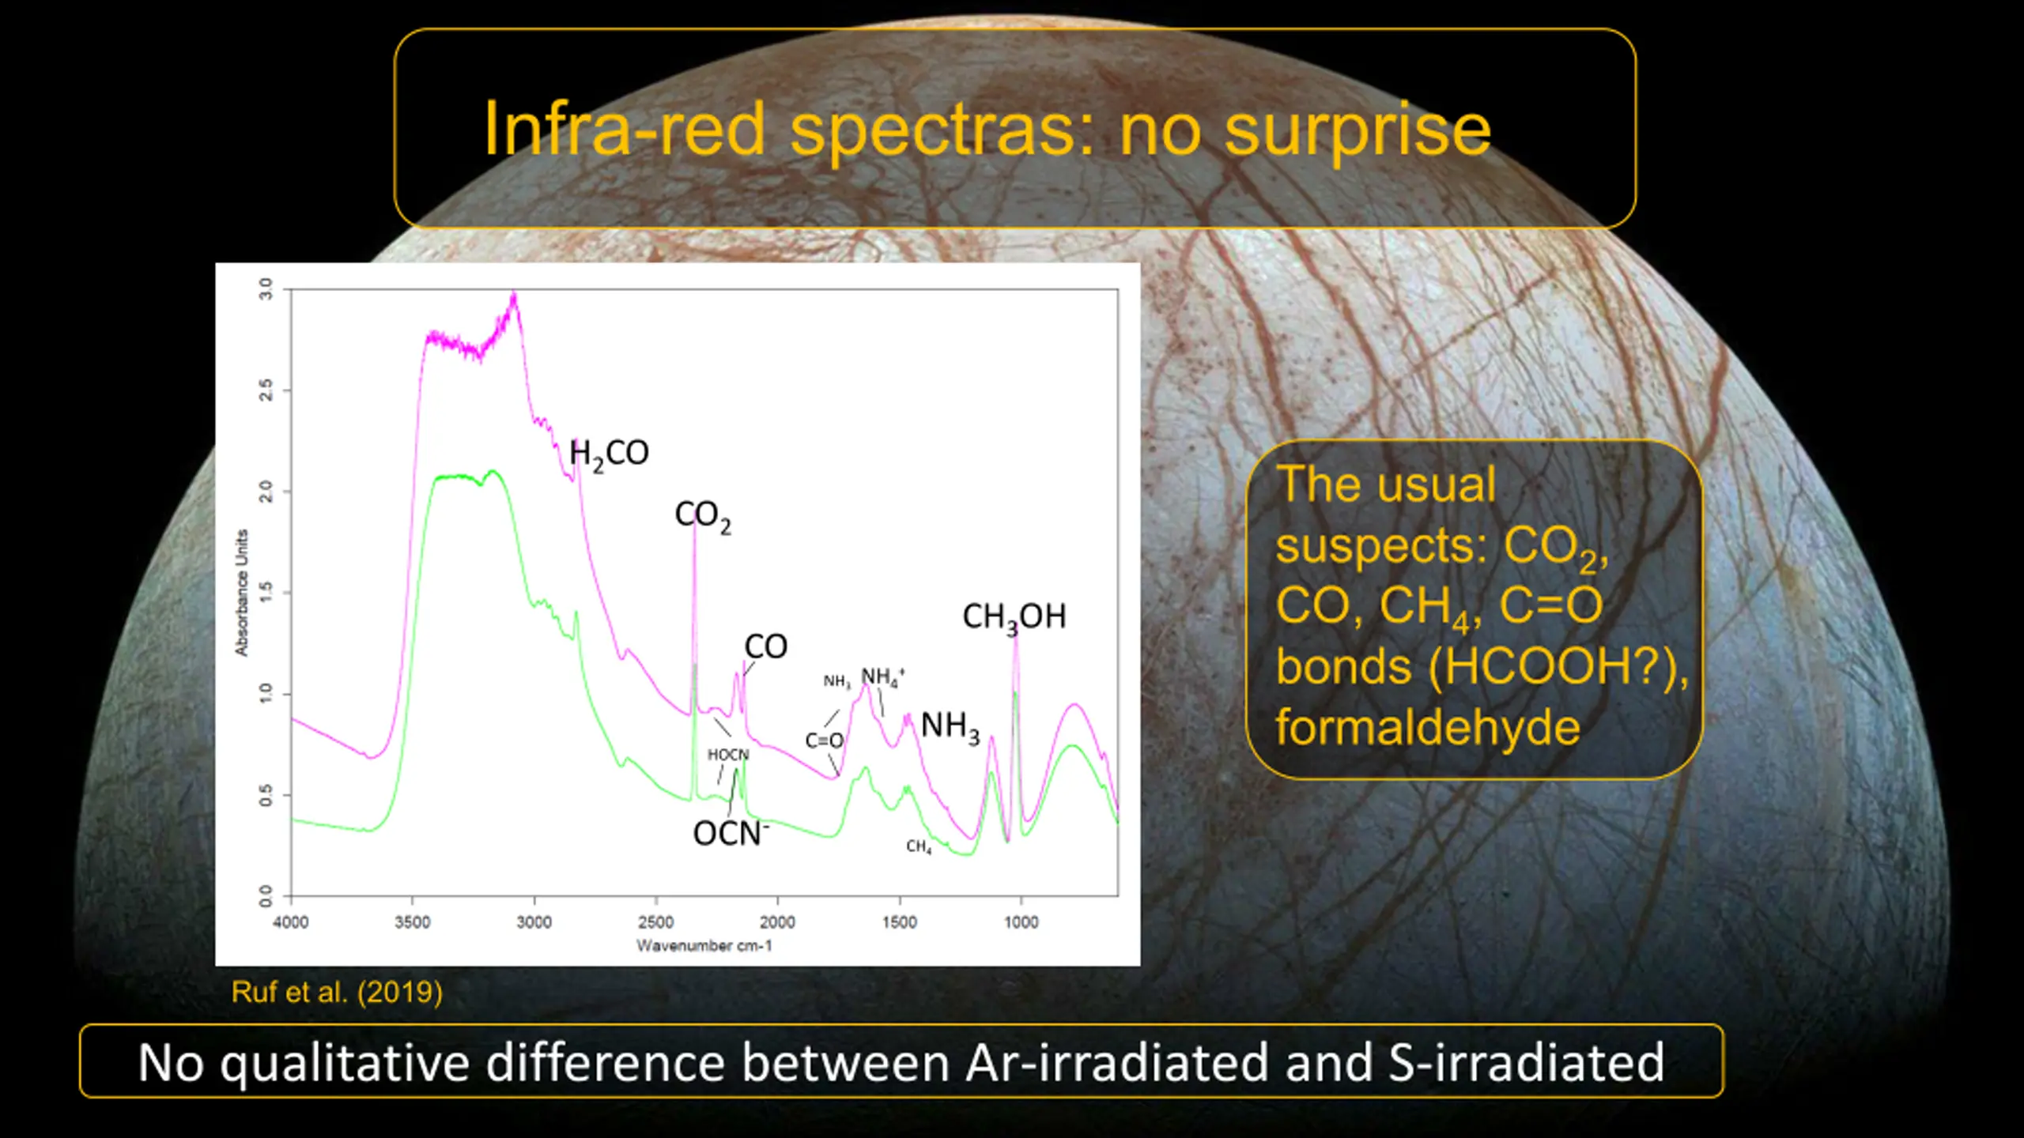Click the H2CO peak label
[609, 454]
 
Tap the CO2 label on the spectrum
[703, 516]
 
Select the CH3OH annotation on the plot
[1014, 617]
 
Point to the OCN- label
[731, 833]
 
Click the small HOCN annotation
[728, 755]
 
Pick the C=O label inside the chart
[825, 740]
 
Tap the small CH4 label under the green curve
[919, 847]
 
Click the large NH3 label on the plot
[950, 726]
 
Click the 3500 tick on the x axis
[413, 922]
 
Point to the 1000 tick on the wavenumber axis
[1021, 922]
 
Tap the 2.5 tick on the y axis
[266, 390]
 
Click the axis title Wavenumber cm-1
[704, 945]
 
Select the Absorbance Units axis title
[241, 593]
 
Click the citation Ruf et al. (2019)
[337, 992]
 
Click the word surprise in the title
[1358, 130]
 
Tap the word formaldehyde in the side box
[1428, 727]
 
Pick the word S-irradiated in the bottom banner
[1527, 1062]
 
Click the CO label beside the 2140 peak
[766, 646]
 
